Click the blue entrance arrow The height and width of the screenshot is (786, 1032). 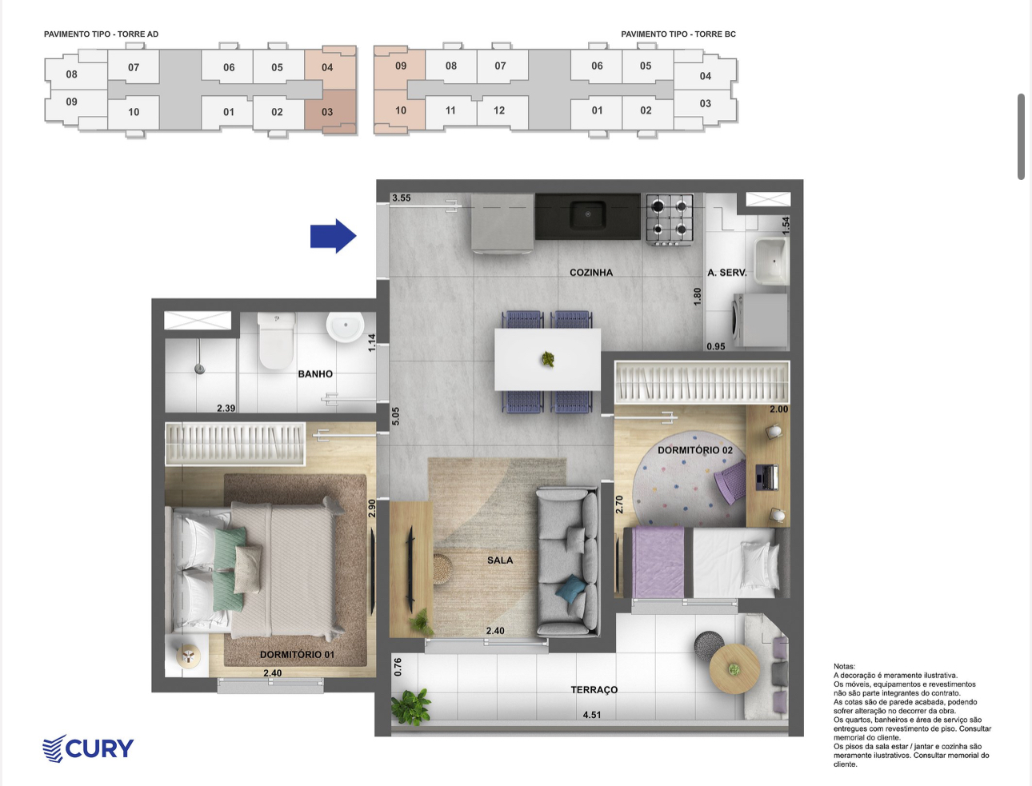(x=334, y=236)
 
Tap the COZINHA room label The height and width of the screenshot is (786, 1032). (x=591, y=273)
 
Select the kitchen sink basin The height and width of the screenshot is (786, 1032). (x=588, y=215)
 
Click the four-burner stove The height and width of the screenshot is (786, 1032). (x=670, y=219)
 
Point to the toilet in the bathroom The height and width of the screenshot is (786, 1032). (x=277, y=340)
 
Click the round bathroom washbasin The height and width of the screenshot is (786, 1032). (x=345, y=326)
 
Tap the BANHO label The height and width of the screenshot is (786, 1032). (x=315, y=374)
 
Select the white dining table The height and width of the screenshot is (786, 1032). (x=547, y=359)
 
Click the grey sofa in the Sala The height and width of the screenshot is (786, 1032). (x=567, y=562)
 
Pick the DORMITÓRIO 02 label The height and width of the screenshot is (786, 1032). (x=695, y=450)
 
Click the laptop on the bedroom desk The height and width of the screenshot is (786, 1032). (x=766, y=477)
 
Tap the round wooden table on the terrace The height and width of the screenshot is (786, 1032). (x=734, y=669)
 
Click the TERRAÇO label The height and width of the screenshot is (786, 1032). (x=594, y=690)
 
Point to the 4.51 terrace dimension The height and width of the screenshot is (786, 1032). (x=591, y=715)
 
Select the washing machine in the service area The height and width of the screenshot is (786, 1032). (x=760, y=321)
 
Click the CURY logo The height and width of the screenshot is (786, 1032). (x=88, y=748)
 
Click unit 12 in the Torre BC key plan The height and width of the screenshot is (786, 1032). (x=499, y=110)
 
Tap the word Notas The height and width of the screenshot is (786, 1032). (x=845, y=666)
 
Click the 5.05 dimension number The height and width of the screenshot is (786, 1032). (x=395, y=417)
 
